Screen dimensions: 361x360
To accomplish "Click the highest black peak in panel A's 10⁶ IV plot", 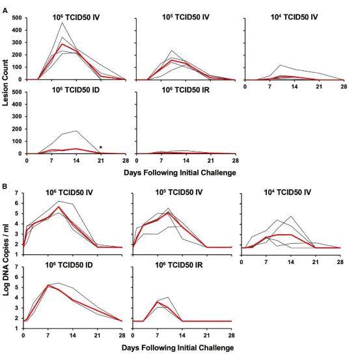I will pos(62,23).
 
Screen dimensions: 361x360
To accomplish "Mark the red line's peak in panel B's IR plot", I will pos(157,301).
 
